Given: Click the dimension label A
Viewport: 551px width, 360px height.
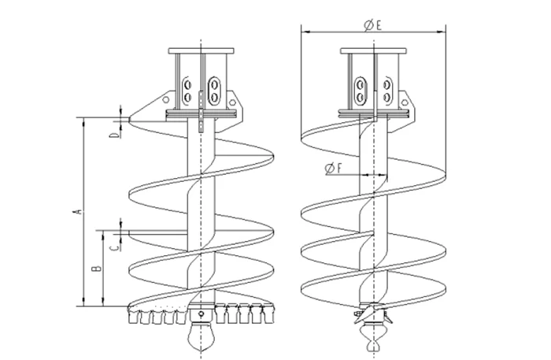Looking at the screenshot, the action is (79, 211).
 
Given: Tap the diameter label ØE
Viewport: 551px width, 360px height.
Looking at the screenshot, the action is (372, 25).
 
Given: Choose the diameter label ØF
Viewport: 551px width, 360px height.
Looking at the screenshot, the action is (333, 169).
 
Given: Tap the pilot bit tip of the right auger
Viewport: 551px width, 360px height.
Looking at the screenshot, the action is (373, 350).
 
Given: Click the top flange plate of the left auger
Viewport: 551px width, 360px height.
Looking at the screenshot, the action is (201, 51).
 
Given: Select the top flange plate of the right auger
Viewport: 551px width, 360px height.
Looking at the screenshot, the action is (374, 51).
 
